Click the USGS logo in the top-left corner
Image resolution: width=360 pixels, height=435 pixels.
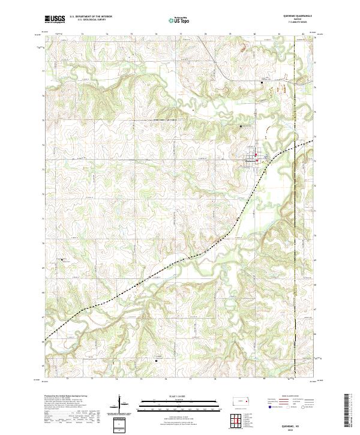[55, 19]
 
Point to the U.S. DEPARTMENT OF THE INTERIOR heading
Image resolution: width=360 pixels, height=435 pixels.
[92, 17]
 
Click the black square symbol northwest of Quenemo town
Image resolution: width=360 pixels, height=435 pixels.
[241, 127]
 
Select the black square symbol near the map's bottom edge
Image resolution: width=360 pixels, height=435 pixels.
[157, 361]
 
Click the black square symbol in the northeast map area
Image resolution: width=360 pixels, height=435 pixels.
[262, 82]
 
